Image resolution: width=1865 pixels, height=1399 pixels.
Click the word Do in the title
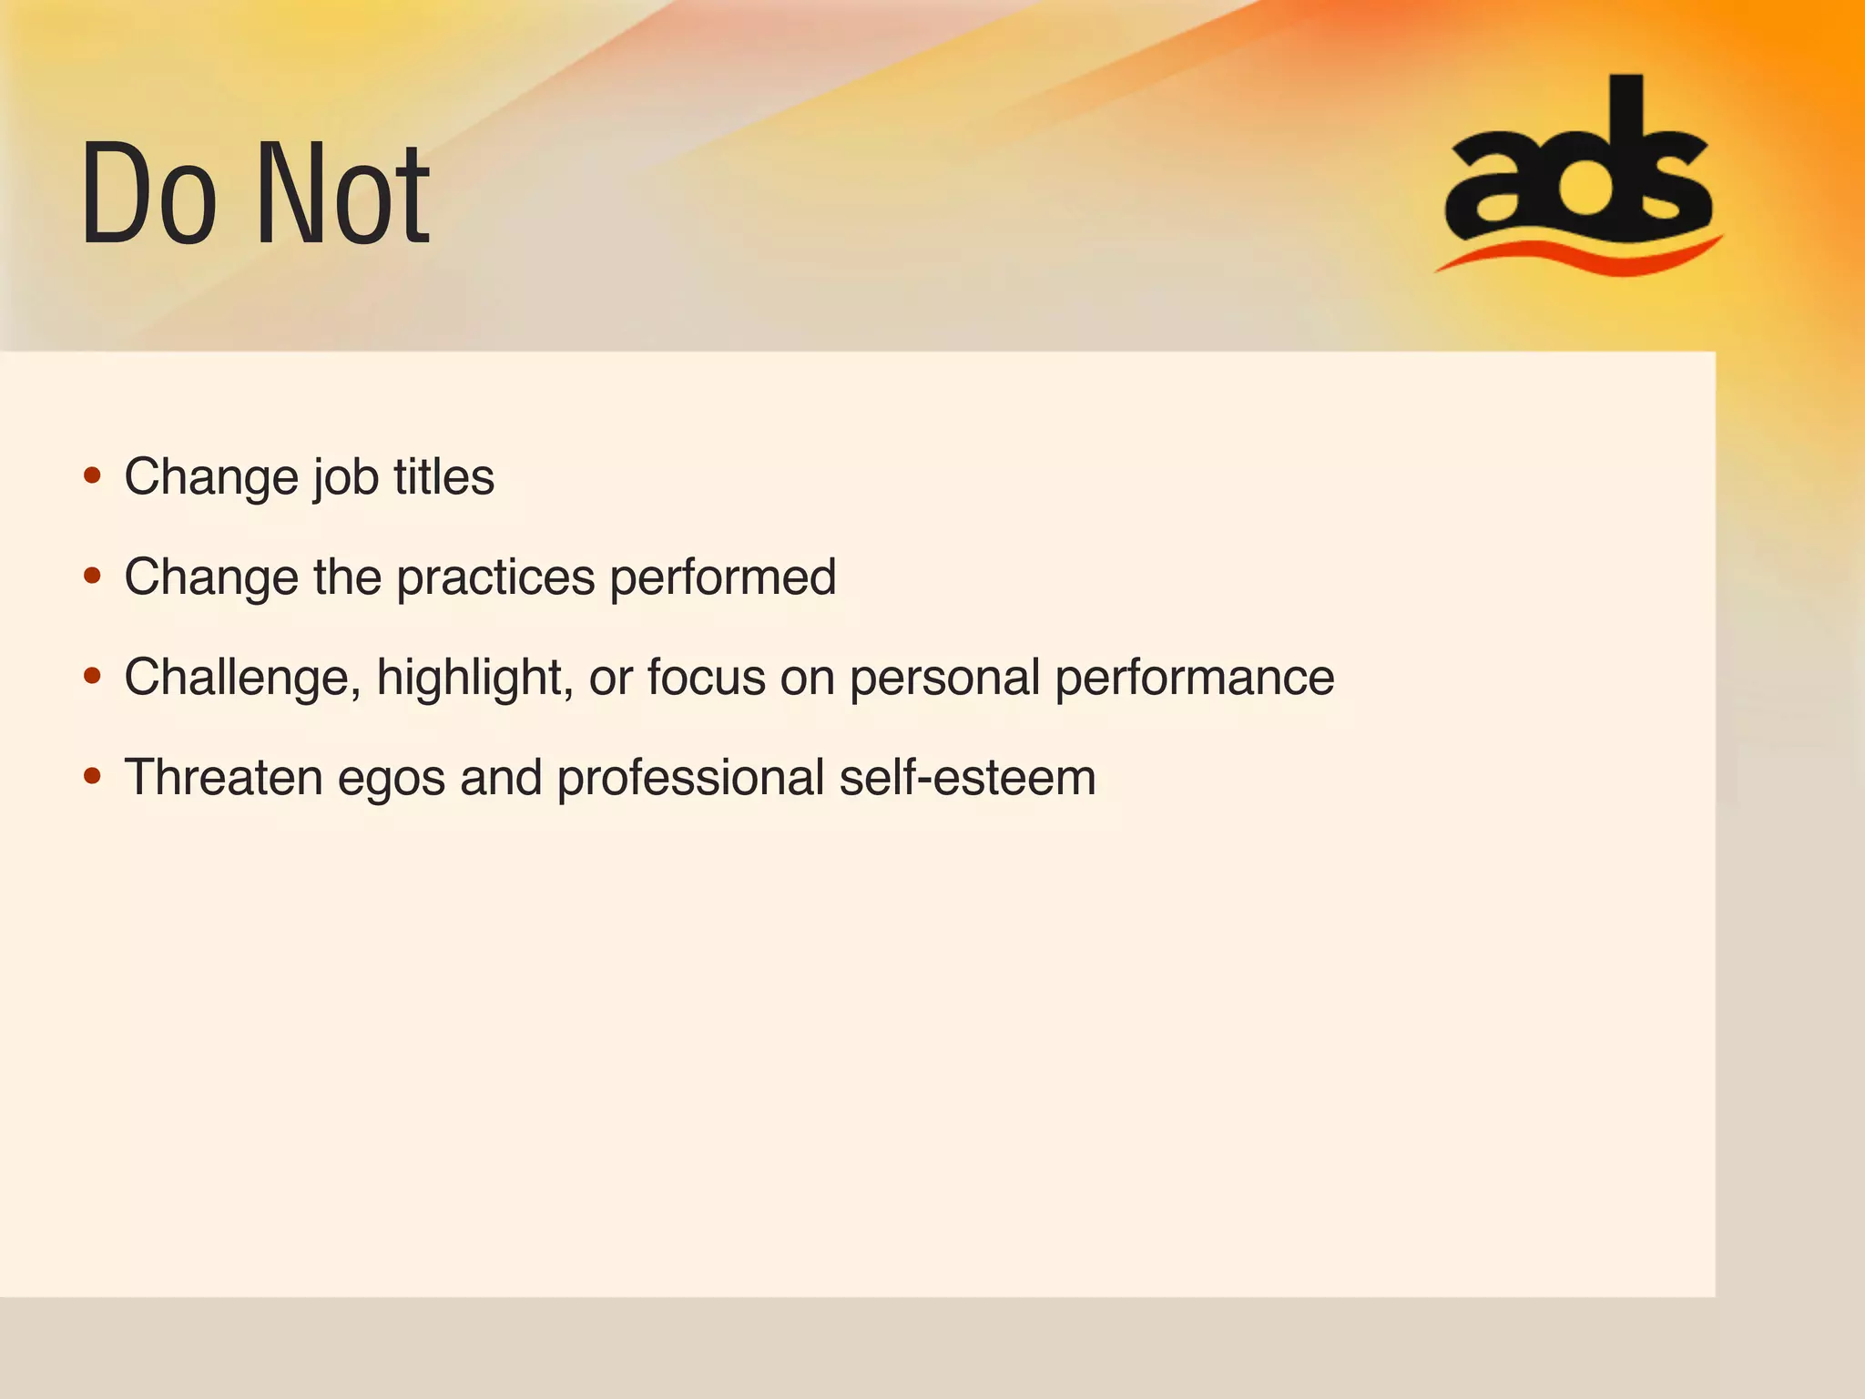point(148,194)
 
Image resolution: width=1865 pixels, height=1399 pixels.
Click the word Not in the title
point(343,194)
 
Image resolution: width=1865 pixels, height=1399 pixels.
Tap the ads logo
point(1578,168)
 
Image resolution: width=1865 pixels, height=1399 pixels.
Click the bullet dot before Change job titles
point(92,475)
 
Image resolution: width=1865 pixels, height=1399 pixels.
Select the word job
point(346,477)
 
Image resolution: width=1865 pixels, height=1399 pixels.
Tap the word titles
point(443,476)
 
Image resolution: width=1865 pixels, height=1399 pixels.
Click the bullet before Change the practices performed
point(92,576)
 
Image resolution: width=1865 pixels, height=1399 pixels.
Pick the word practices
point(495,578)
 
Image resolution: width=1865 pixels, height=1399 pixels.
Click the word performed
point(722,577)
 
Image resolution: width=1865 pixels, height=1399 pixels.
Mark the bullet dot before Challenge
point(92,676)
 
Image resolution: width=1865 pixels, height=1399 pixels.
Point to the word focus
point(706,678)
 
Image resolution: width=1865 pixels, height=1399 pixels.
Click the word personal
point(944,679)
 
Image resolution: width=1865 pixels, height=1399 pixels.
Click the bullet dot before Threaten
point(92,776)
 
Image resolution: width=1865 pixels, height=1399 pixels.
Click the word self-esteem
point(967,778)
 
